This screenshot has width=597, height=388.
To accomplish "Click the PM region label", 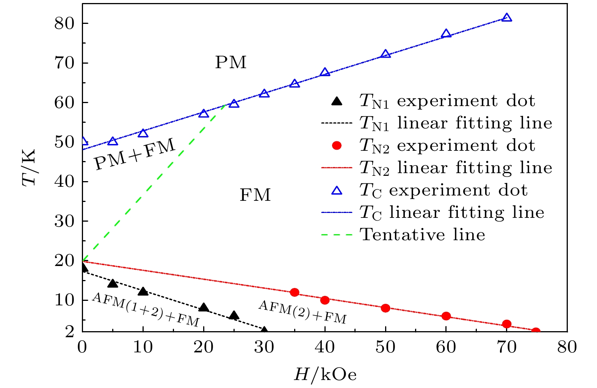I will point(230,63).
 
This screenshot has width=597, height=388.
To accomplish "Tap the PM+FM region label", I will point(135,154).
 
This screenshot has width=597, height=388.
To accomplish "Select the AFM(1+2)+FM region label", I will point(146,310).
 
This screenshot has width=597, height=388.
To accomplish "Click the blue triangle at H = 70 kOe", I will point(507,18).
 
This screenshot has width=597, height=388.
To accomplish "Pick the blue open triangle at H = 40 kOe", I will point(325,72).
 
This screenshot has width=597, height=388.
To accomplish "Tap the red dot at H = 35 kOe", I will point(295,292).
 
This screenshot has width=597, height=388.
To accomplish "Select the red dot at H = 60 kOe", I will point(446,316).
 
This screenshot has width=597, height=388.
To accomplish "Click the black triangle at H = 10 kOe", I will point(143,291).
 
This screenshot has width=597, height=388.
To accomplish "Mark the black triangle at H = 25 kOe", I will point(234,315).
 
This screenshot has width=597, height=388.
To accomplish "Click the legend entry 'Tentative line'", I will point(422,235).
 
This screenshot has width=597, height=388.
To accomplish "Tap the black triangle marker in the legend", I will point(337,101).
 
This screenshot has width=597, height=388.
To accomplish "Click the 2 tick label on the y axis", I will point(70,332).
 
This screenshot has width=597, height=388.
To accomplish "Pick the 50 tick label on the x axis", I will point(385,347).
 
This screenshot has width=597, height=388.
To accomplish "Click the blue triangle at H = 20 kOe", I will point(204,114).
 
